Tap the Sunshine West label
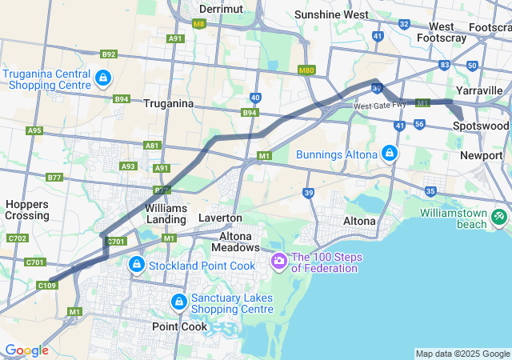331,14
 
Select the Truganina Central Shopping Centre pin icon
103,78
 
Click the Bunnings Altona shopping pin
389,153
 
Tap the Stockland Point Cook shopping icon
137,264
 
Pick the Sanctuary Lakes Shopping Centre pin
178,302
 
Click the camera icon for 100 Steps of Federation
279,260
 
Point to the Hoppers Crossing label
27,210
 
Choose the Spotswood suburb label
480,126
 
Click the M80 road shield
305,70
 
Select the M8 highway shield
199,25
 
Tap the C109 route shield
47,284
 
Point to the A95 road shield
34,130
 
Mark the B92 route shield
109,54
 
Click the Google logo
26,350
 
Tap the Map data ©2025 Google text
462,354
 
